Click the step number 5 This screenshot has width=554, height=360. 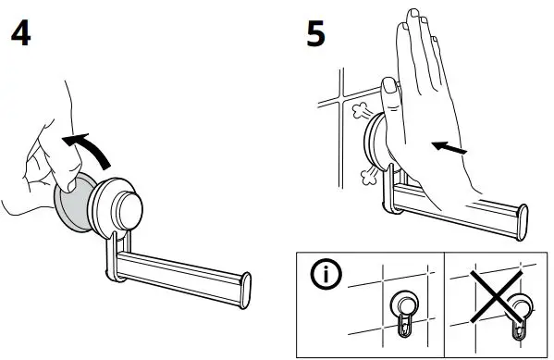pos(316,34)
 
